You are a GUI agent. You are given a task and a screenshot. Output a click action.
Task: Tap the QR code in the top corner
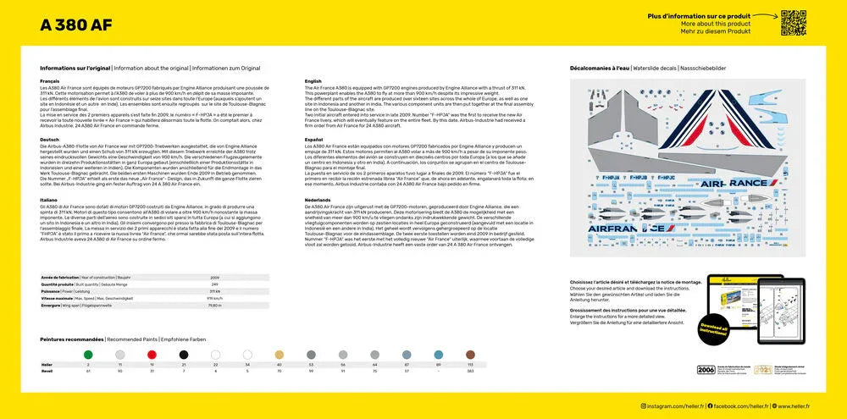(x=794, y=23)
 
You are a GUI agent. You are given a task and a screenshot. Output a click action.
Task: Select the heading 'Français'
(x=49, y=81)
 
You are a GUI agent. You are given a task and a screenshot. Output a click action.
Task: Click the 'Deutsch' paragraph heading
(x=49, y=140)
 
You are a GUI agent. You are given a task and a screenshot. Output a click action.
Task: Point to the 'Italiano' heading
(x=49, y=199)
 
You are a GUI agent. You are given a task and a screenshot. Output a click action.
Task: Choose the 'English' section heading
(x=313, y=81)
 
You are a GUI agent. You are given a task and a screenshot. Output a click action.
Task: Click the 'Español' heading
(x=313, y=140)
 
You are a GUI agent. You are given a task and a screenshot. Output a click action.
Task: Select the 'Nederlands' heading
(x=317, y=199)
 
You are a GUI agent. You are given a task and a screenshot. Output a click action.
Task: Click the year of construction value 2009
(x=215, y=277)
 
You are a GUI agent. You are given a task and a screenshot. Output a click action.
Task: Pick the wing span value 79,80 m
(x=214, y=306)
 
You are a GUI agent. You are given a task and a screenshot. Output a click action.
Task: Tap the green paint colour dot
(x=153, y=355)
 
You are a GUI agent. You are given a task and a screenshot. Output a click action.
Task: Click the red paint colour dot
(x=184, y=355)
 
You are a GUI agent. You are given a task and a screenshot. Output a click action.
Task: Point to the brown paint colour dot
(x=471, y=355)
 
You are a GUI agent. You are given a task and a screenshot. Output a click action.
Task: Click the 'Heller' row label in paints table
(x=47, y=364)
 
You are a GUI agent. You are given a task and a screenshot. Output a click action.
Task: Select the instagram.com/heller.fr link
(x=673, y=406)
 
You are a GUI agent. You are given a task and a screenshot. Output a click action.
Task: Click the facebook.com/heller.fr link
(x=739, y=406)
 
